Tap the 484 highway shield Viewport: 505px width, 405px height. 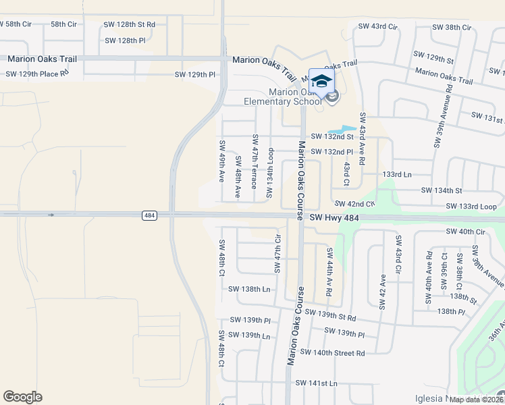[150, 215]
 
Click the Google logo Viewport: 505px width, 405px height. [23, 397]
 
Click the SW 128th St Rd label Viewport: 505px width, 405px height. [130, 24]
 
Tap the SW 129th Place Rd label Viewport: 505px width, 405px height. [37, 73]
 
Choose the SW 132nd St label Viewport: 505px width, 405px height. [332, 137]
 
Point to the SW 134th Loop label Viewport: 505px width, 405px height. [270, 173]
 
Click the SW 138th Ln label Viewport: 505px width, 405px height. [249, 289]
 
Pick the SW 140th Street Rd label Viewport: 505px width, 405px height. [332, 352]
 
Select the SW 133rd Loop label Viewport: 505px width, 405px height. [471, 206]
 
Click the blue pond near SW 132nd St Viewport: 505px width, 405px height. [342, 129]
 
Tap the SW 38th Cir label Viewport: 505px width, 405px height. [452, 27]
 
